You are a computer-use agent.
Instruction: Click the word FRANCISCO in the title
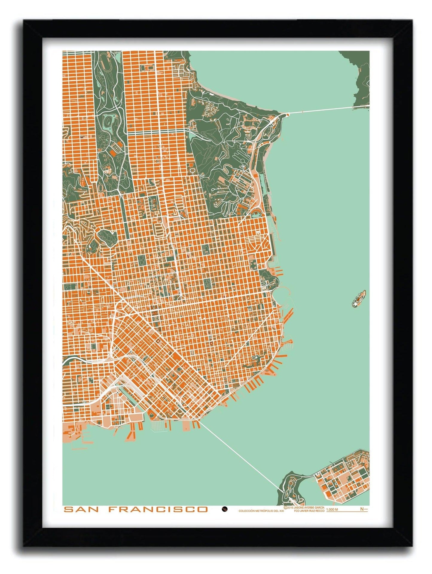[x=158, y=509]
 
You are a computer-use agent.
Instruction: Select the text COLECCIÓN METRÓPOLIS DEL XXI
[x=261, y=511]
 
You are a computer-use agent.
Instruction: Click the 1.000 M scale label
[x=332, y=510]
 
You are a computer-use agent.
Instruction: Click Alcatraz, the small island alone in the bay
[x=359, y=298]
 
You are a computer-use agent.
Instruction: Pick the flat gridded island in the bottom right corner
[x=344, y=476]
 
